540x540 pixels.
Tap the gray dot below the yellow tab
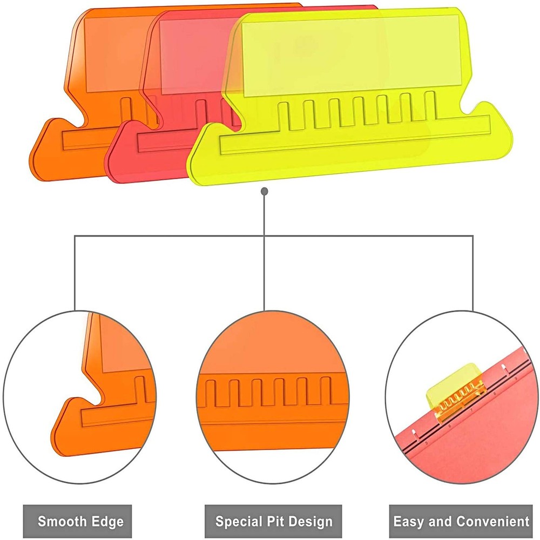(264, 191)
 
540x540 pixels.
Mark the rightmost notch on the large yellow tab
(430, 106)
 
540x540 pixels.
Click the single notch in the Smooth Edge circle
(140, 389)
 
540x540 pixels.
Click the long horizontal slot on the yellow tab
(355, 134)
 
